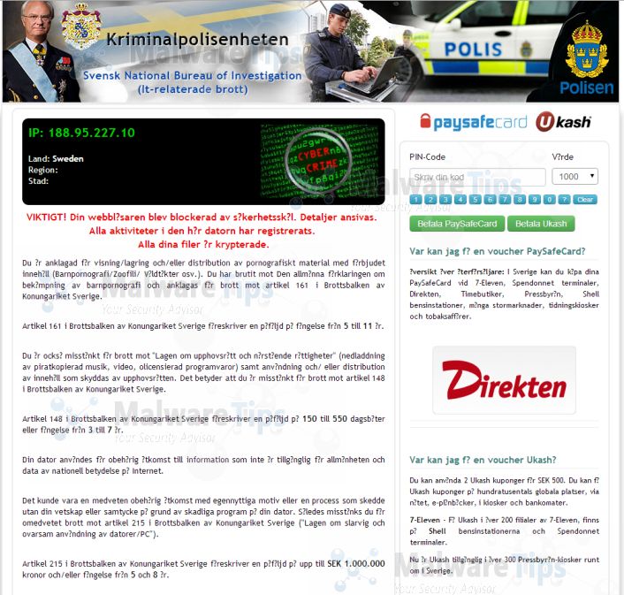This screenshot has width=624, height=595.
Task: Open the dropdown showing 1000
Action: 575,176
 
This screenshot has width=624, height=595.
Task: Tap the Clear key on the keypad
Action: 585,200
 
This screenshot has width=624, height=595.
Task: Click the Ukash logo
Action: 562,122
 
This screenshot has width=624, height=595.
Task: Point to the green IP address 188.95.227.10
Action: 81,133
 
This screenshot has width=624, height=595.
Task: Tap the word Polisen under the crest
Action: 588,88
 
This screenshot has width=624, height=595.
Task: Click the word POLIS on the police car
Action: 485,50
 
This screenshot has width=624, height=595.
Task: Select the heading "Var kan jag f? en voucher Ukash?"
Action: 483,460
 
